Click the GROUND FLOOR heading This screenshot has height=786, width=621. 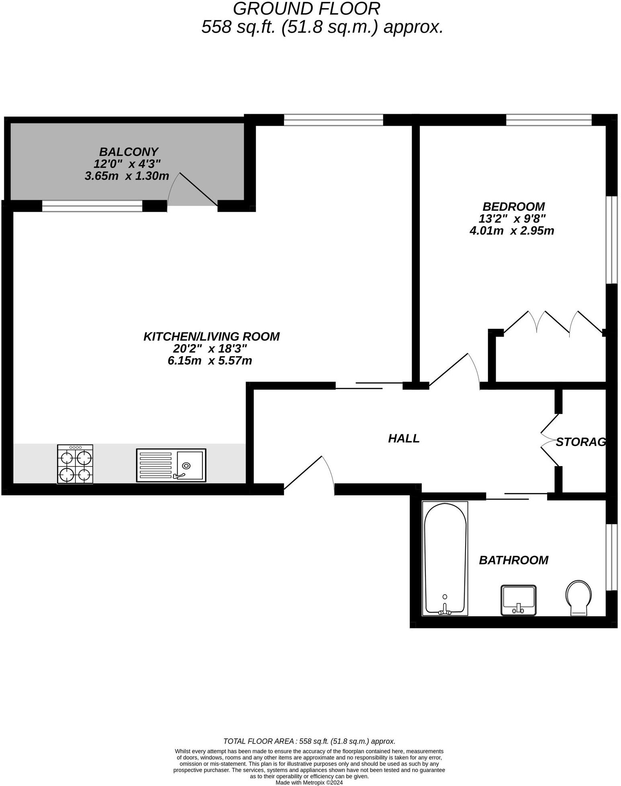click(x=306, y=9)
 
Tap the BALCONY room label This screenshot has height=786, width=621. click(x=129, y=152)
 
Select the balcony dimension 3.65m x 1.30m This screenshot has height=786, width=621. click(x=127, y=176)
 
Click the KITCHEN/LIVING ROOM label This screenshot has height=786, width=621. click(x=211, y=336)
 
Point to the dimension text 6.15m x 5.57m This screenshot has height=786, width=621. click(x=210, y=360)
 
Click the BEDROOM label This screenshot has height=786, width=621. click(x=513, y=207)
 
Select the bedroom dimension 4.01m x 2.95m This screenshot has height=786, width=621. click(x=512, y=231)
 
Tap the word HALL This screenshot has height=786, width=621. click(x=404, y=438)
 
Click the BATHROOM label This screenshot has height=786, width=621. click(x=513, y=560)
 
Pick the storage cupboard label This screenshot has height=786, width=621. click(x=580, y=442)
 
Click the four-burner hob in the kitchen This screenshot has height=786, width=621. click(x=75, y=464)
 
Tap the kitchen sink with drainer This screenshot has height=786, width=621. click(x=171, y=465)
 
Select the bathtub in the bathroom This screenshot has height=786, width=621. click(x=445, y=559)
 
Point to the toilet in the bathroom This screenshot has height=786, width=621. click(x=578, y=597)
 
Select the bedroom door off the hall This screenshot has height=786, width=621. click(x=454, y=371)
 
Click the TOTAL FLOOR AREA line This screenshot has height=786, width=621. click(x=309, y=741)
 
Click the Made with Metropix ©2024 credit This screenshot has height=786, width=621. click(x=309, y=782)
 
